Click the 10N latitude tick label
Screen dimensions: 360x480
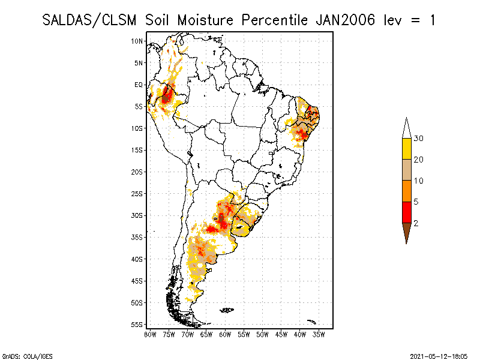137,41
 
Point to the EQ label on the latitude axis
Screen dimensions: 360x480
138,85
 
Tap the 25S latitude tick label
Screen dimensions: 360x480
137,194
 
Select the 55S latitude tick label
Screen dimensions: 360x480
137,325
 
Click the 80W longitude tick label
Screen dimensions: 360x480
150,334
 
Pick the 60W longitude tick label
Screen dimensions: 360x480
225,334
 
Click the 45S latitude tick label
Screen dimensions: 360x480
137,281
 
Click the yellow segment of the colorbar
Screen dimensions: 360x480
406,149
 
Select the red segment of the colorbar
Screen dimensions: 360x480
406,212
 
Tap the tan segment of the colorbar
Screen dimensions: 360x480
406,170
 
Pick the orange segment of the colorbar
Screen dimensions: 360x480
406,191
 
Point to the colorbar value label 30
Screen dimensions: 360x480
419,139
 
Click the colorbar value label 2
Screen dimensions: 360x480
416,223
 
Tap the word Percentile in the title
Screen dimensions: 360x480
275,20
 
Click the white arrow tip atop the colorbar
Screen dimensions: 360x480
406,127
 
